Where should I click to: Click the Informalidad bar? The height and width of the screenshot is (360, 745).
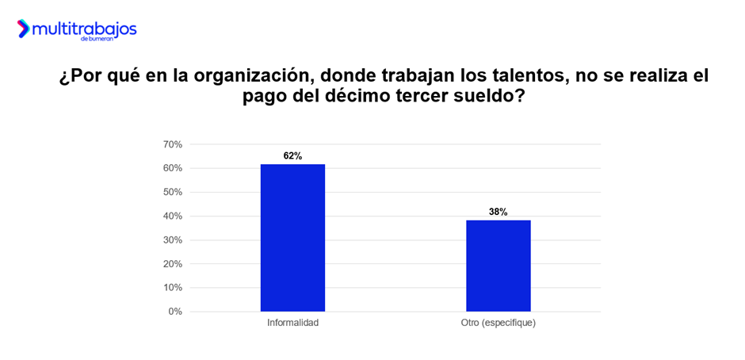point(292,238)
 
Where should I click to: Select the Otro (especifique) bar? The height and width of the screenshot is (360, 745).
point(498,266)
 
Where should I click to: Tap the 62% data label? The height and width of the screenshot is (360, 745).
point(292,156)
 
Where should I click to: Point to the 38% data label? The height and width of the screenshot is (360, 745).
point(498,212)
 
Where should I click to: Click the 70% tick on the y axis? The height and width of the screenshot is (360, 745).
point(173,144)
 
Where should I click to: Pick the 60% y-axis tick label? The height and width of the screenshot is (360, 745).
point(173,168)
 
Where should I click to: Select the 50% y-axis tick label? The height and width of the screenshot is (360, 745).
point(173,192)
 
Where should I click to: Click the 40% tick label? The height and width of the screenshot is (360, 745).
point(173,216)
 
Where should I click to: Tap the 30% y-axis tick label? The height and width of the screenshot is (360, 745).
point(173,239)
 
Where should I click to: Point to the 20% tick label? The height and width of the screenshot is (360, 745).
point(173,263)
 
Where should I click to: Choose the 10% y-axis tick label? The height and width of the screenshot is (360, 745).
point(173,287)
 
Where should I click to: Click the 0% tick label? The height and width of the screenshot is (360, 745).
point(175,312)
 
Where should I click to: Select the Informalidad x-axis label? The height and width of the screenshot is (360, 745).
point(292,324)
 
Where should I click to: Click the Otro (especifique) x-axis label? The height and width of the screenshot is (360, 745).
point(498,324)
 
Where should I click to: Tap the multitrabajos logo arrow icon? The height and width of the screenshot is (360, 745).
point(23,29)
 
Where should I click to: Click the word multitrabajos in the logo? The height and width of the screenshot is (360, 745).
point(84,29)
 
